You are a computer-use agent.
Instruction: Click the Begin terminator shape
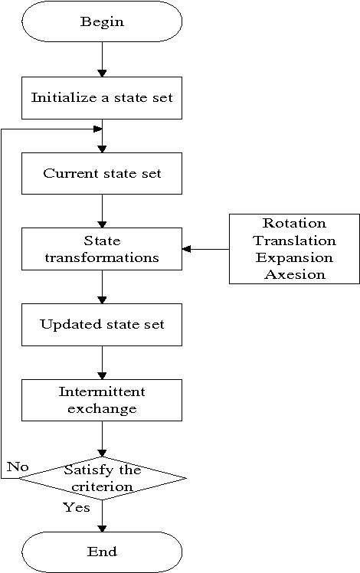[x=102, y=21]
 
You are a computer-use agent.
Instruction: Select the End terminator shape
[x=102, y=552]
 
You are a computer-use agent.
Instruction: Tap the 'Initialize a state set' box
[x=102, y=97]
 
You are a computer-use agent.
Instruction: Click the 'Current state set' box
[x=102, y=172]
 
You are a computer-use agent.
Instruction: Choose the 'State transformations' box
[x=102, y=249]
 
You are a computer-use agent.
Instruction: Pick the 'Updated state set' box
[x=102, y=324]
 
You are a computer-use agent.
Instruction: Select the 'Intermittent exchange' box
[x=102, y=400]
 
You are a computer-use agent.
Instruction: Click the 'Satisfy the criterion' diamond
[x=102, y=479]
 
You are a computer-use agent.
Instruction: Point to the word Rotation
[x=294, y=224]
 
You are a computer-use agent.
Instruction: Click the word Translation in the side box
[x=294, y=241]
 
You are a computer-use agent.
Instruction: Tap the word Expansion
[x=294, y=257]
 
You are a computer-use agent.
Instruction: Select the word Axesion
[x=294, y=273]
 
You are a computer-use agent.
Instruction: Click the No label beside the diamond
[x=17, y=466]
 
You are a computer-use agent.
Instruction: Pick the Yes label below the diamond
[x=77, y=507]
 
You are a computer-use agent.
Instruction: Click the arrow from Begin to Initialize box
[x=102, y=59]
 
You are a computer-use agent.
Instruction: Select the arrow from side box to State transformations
[x=205, y=249]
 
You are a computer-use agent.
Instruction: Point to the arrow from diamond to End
[x=102, y=516]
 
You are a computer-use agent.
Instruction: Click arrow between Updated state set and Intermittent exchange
[x=102, y=362]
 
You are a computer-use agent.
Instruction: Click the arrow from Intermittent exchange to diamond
[x=102, y=439]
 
